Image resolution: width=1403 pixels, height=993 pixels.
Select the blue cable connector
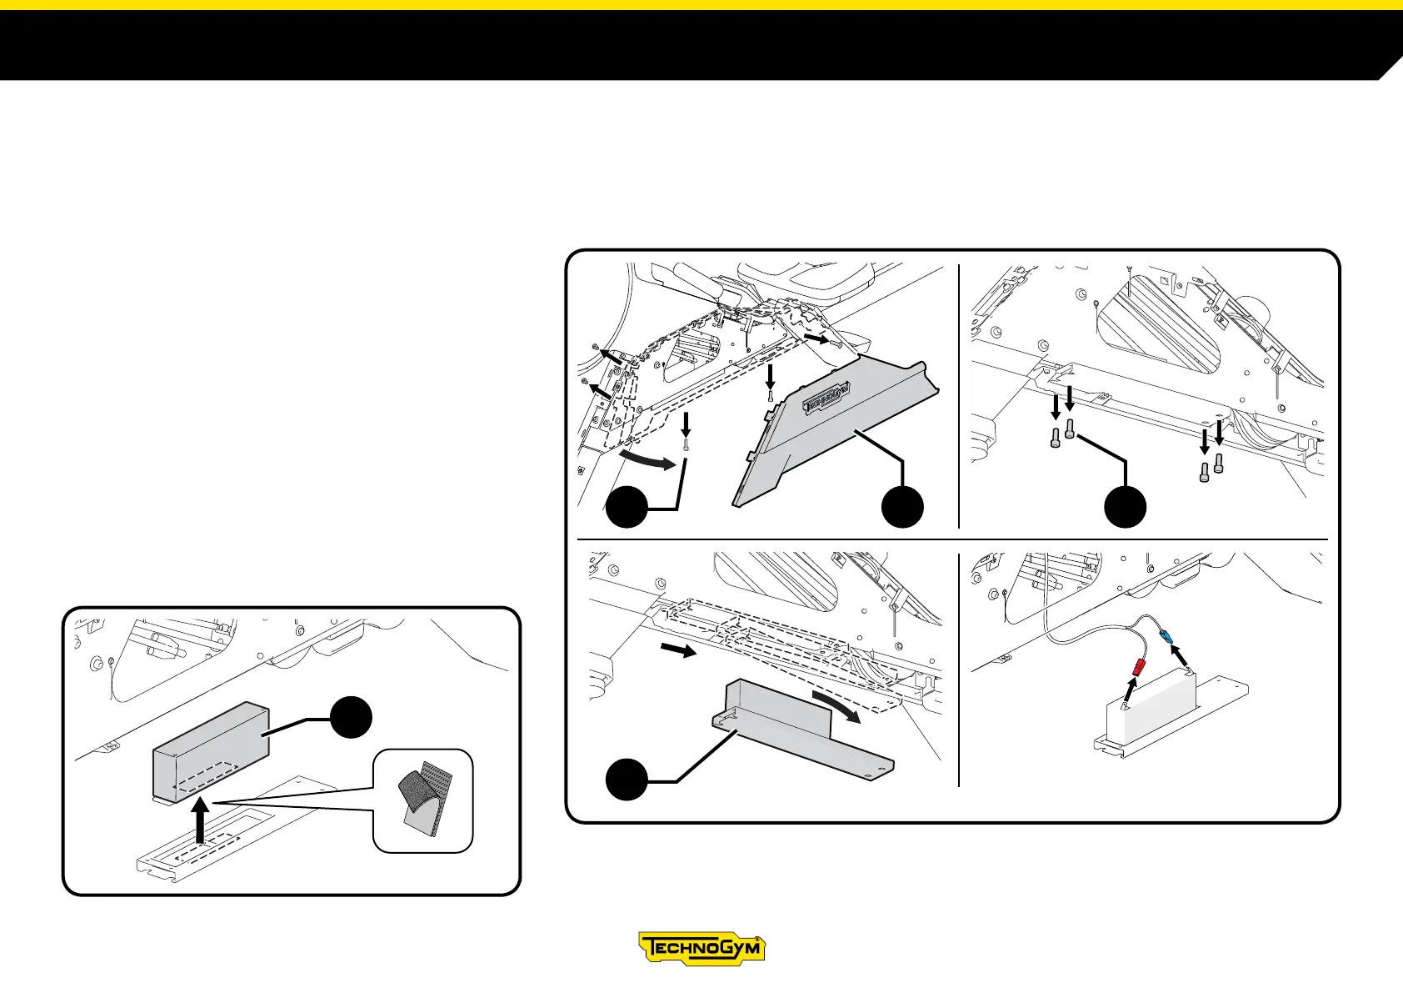coord(1168,637)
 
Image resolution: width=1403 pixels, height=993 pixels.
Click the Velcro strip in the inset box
coord(424,799)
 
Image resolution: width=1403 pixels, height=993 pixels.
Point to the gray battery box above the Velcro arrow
coord(210,750)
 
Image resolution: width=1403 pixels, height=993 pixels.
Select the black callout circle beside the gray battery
coord(351,717)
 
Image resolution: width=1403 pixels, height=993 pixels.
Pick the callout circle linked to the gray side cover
coord(902,506)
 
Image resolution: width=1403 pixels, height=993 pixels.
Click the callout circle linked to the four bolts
coord(1125,506)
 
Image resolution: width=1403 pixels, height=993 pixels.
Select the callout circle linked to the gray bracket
coord(627,780)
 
